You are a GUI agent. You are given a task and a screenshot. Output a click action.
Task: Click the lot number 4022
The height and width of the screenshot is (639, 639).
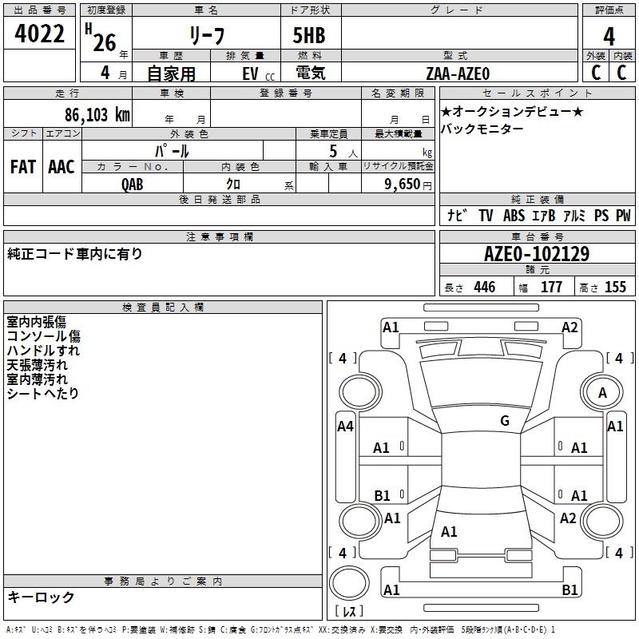41,35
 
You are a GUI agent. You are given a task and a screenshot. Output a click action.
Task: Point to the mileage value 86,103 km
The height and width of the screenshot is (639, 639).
97,114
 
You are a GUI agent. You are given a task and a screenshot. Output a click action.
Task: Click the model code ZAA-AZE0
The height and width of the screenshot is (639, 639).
458,73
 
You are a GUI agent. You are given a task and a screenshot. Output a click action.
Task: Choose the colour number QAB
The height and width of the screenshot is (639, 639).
133,183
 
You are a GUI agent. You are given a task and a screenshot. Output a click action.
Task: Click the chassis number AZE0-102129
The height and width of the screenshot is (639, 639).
536,254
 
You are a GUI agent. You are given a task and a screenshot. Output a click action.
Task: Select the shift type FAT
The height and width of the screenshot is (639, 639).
23,167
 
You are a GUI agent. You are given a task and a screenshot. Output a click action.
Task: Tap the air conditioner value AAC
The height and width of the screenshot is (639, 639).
62,167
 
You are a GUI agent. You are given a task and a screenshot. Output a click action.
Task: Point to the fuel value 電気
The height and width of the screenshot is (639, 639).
308,73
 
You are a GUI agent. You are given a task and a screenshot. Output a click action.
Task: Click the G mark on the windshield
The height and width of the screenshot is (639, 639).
504,421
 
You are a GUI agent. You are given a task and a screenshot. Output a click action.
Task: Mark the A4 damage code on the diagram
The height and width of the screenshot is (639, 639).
345,427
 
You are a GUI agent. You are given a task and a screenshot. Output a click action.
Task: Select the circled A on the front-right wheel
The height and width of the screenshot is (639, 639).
602,392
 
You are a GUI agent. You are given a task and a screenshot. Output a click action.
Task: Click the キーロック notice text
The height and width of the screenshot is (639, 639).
41,597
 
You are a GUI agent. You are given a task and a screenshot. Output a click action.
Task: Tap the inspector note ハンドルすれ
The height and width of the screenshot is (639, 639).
43,351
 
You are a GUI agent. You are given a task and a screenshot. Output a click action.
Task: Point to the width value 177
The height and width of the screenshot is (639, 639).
551,288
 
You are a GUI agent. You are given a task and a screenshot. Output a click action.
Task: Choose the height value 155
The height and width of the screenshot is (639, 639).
614,288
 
